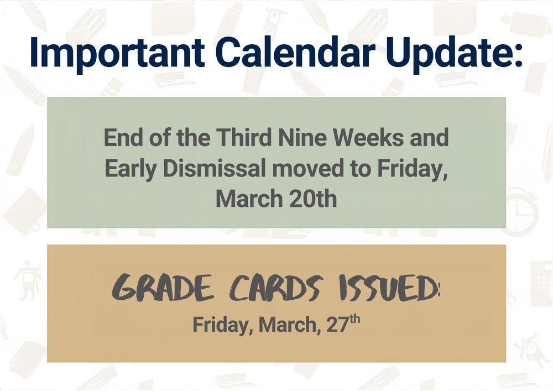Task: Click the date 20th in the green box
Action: click(x=314, y=199)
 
